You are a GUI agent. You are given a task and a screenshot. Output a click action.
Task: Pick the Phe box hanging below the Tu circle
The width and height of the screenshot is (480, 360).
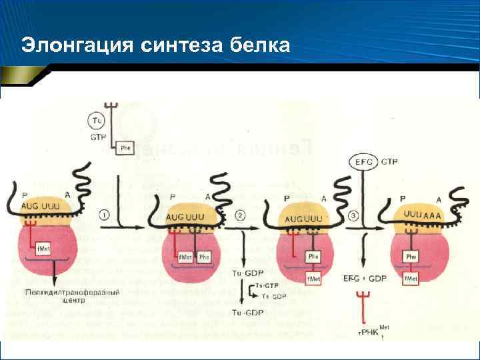pyautogui.click(x=125, y=148)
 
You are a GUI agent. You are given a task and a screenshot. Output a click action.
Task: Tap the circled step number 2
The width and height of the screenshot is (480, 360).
pyautogui.click(x=241, y=215)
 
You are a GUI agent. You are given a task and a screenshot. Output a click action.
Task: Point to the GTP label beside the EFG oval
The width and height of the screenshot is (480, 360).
pyautogui.click(x=390, y=161)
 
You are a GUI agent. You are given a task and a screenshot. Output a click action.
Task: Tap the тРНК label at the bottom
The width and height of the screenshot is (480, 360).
pyautogui.click(x=369, y=331)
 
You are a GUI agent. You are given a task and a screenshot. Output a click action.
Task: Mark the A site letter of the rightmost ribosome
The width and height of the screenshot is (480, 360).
pyautogui.click(x=438, y=199)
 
